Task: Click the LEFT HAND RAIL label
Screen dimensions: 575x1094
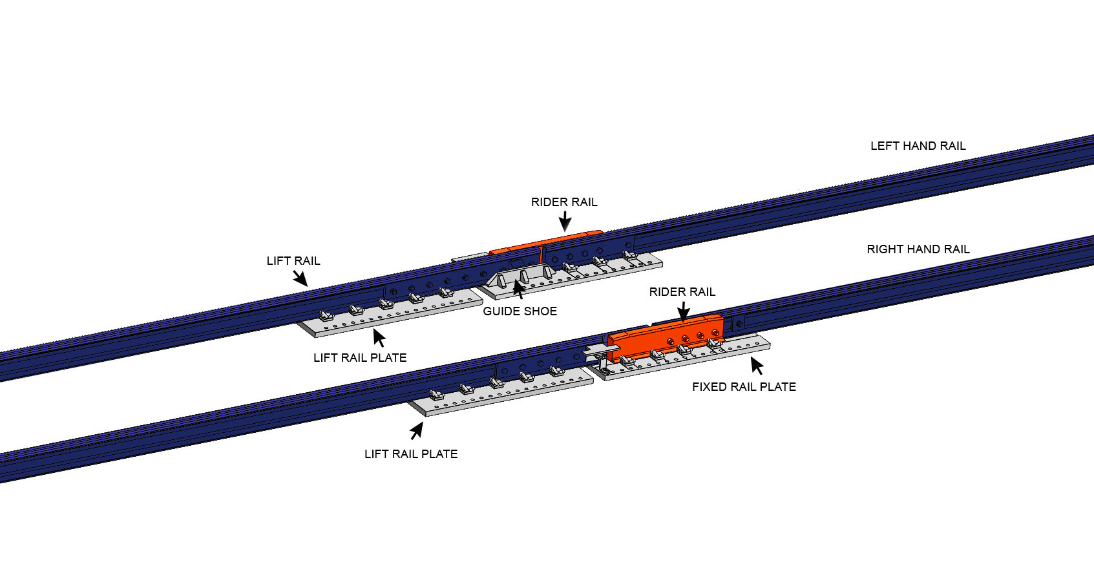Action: tap(918, 146)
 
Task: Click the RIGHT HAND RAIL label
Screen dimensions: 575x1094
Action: tap(918, 249)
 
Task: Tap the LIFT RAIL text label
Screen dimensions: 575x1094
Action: tap(293, 261)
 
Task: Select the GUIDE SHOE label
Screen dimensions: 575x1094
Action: tap(520, 311)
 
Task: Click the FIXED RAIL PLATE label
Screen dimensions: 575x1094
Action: tap(744, 387)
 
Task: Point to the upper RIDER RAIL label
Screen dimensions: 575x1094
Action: tap(564, 202)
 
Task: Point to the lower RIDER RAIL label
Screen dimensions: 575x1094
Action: tap(682, 292)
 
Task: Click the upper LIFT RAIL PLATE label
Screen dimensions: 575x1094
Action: tap(360, 358)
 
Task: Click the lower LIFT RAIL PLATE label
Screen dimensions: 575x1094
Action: tap(411, 454)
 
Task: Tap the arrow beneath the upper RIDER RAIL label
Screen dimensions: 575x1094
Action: tap(565, 221)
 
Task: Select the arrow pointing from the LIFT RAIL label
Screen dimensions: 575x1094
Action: tap(300, 278)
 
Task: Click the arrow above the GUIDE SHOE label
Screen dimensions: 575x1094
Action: tap(518, 288)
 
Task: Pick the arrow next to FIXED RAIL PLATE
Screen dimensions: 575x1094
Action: tap(757, 366)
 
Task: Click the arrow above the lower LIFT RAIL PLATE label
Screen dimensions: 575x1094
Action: tap(417, 430)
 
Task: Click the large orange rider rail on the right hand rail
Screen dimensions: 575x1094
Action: tap(666, 336)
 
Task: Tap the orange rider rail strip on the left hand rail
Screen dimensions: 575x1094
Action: tap(517, 249)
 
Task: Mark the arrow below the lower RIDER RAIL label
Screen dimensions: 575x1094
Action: tap(683, 311)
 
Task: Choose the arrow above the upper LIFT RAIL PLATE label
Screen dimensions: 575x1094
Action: tap(379, 338)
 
